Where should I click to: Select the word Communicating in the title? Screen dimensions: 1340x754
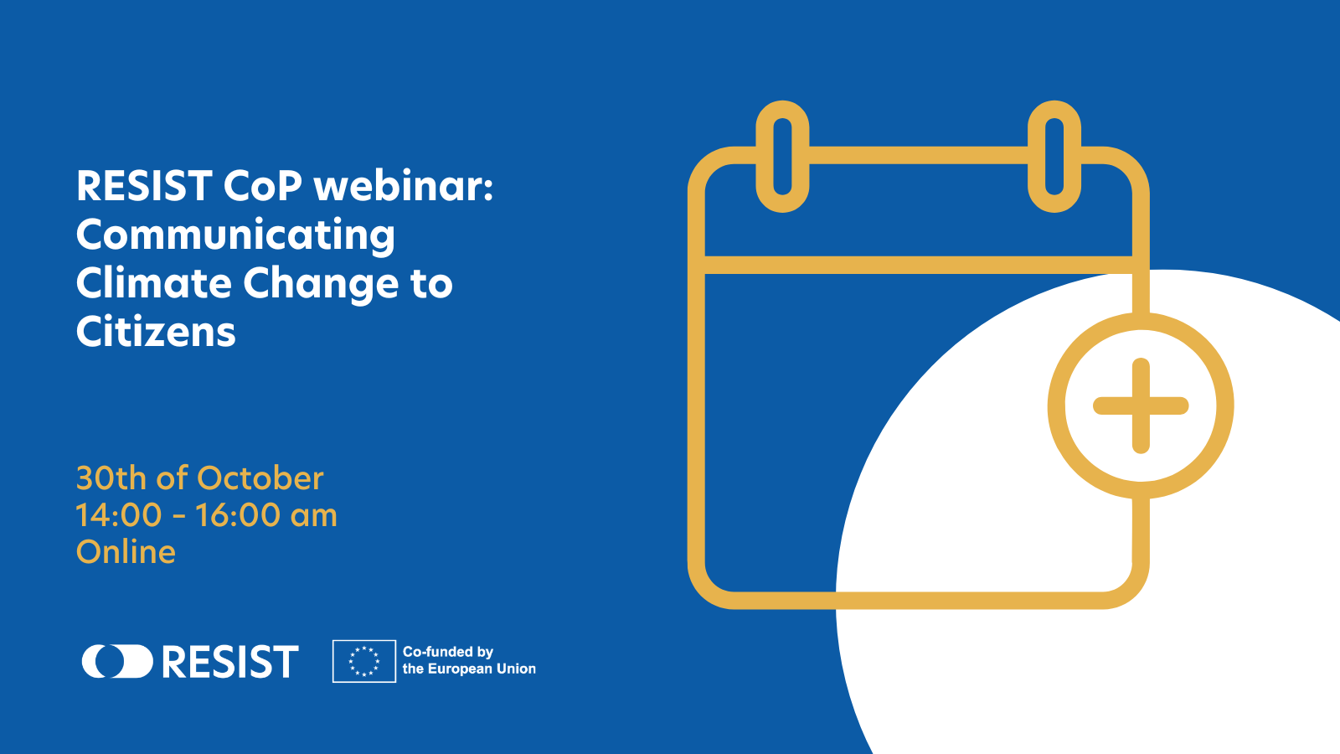coord(235,236)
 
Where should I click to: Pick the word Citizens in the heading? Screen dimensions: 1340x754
coord(156,331)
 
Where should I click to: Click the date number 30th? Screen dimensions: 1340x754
coord(111,478)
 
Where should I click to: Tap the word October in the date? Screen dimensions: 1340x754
coord(260,478)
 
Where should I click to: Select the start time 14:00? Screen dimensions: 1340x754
coord(118,515)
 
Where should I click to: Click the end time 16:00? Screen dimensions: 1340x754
coord(238,515)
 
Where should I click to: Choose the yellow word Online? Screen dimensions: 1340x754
coord(126,552)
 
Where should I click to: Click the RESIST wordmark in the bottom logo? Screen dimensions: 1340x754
coord(230,661)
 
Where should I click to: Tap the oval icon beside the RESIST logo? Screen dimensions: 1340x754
coord(118,661)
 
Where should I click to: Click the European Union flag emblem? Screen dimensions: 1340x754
coord(364,661)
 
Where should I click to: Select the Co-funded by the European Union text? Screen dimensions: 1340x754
coord(469,661)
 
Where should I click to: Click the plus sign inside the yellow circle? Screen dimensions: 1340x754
coord(1141,405)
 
